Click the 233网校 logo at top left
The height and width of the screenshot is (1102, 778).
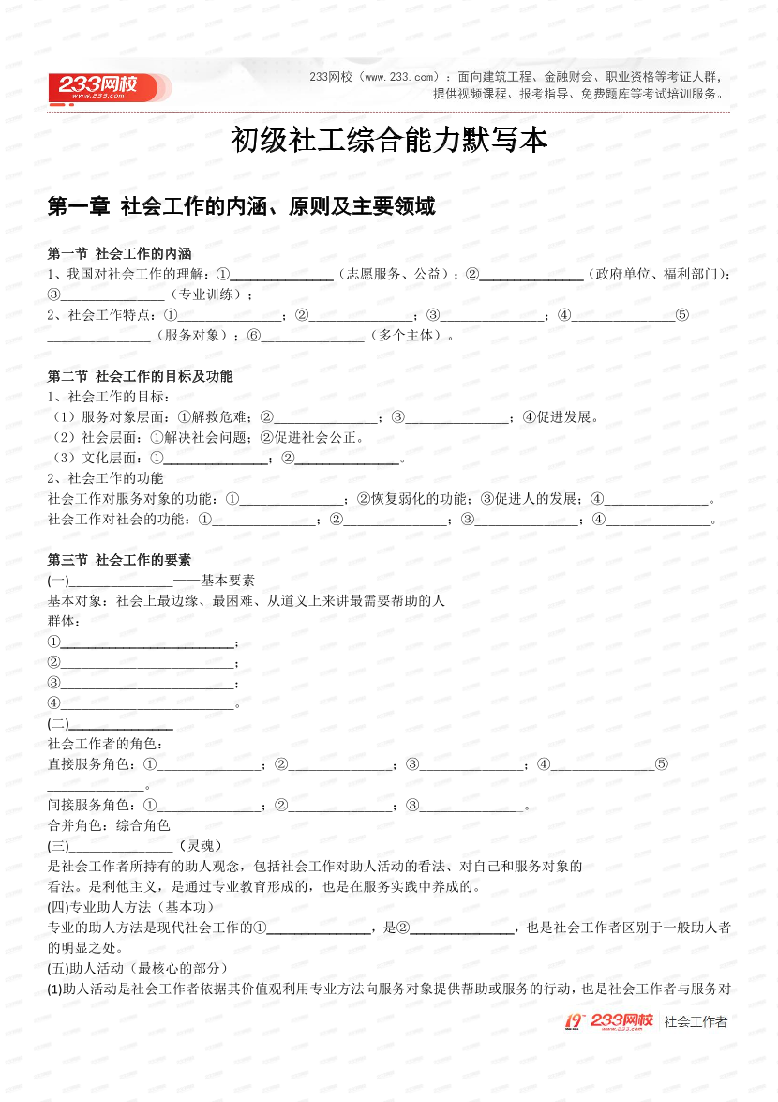tap(105, 87)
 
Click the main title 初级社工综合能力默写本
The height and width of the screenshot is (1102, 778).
tap(388, 141)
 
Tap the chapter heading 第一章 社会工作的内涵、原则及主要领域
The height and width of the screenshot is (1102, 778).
tap(241, 206)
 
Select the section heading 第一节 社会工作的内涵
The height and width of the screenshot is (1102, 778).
tap(119, 253)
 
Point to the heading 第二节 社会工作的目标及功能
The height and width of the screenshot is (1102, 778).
tap(140, 376)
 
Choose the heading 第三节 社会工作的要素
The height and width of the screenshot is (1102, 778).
tap(119, 560)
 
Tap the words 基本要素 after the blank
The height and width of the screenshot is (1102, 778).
tap(228, 581)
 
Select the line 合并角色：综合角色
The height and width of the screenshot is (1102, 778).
tap(109, 825)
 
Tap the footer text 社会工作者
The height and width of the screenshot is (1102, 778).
tap(695, 1021)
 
